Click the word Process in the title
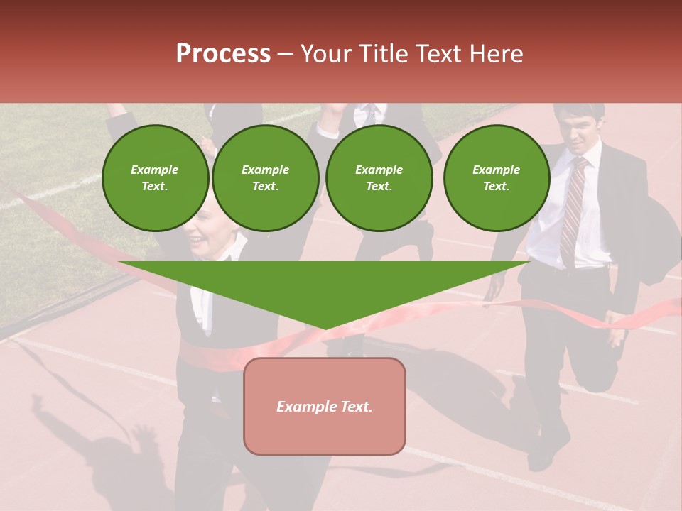pyautogui.click(x=223, y=54)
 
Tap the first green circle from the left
pyautogui.click(x=155, y=178)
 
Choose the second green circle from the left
pyautogui.click(x=265, y=178)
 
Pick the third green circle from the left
pyautogui.click(x=379, y=178)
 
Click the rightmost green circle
pyautogui.click(x=496, y=178)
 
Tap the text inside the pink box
pyautogui.click(x=325, y=407)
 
